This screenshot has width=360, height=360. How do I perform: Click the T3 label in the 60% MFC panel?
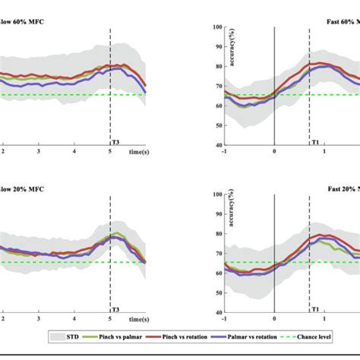pyautogui.click(x=115, y=142)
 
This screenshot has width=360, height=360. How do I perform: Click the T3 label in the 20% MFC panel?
pyautogui.click(x=115, y=310)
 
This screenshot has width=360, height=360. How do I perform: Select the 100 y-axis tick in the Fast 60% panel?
pyautogui.click(x=217, y=27)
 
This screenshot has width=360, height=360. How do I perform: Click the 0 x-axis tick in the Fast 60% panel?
pyautogui.click(x=274, y=151)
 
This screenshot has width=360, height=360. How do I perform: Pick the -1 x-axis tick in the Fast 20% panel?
pyautogui.click(x=224, y=319)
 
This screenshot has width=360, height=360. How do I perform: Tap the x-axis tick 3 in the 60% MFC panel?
pyautogui.click(x=38, y=151)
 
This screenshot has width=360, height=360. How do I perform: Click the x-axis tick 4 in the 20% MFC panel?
pyautogui.click(x=74, y=319)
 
